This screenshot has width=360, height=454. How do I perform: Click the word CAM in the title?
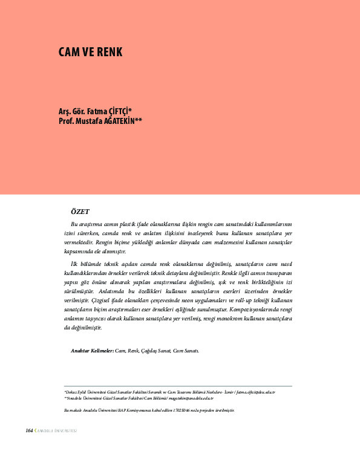pyautogui.click(x=68, y=52)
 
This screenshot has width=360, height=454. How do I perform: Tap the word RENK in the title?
pyautogui.click(x=110, y=52)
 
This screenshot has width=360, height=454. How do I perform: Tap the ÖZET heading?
pyautogui.click(x=80, y=211)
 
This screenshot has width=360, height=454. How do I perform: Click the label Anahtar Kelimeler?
pyautogui.click(x=93, y=350)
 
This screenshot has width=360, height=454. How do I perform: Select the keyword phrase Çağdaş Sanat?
pyautogui.click(x=155, y=350)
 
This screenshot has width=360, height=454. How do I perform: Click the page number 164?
pyautogui.click(x=28, y=430)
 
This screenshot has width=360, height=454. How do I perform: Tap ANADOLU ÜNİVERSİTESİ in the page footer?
pyautogui.click(x=58, y=431)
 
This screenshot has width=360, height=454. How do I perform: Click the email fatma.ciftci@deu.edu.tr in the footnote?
pyautogui.click(x=255, y=392)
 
